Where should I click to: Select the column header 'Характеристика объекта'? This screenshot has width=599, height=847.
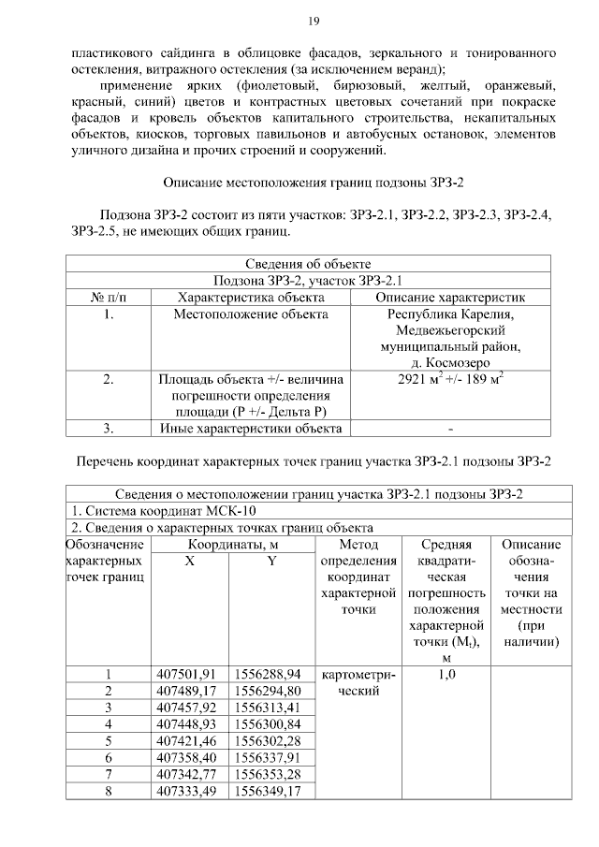pyautogui.click(x=250, y=297)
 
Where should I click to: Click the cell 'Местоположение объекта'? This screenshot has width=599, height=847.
pyautogui.click(x=250, y=314)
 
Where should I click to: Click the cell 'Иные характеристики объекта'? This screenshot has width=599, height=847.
pyautogui.click(x=250, y=429)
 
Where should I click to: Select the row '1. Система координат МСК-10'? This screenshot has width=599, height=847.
pyautogui.click(x=164, y=512)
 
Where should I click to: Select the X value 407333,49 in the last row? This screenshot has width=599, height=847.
pyautogui.click(x=190, y=793)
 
